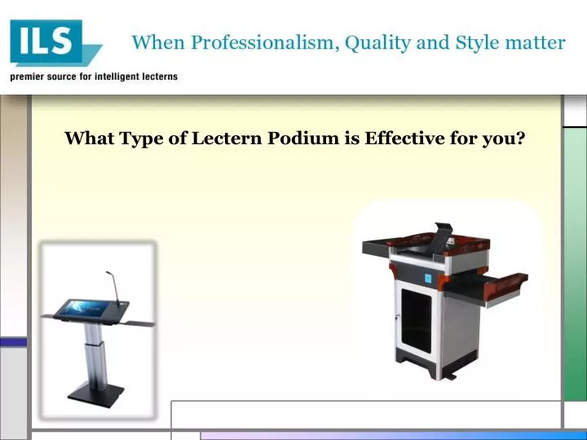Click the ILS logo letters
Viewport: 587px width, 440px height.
(x=46, y=41)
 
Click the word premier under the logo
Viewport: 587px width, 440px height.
(x=29, y=77)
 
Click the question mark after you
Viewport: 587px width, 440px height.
(x=520, y=138)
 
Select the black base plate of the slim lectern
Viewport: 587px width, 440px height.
(x=95, y=393)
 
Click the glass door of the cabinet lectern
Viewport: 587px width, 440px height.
(x=417, y=321)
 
